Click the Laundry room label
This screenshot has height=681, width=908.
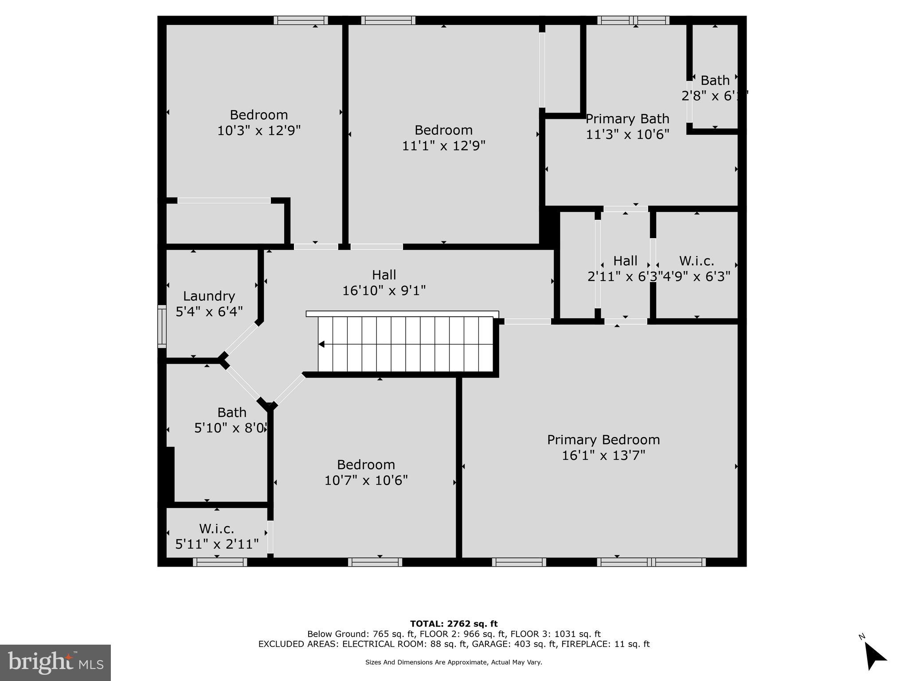pos(209,296)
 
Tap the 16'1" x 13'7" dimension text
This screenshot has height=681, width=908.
pos(603,455)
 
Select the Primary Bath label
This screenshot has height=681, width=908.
pos(627,119)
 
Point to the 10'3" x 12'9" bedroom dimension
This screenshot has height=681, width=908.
pos(259,130)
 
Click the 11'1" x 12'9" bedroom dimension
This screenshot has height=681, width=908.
pos(443,145)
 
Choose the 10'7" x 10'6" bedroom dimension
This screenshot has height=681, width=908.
pos(366,480)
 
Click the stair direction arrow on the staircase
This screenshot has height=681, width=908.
pos(321,344)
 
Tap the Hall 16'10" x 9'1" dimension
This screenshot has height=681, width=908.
pos(384,291)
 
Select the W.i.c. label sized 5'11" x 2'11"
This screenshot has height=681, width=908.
pos(216,529)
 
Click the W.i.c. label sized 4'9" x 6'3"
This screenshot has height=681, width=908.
pos(697,261)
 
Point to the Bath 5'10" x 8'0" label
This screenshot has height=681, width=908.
pos(231,413)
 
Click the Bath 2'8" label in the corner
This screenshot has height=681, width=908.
pos(715,81)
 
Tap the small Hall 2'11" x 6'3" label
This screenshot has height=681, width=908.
pos(625,261)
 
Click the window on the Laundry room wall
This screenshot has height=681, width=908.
pos(162,326)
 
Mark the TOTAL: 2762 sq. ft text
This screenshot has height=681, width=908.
pos(454,624)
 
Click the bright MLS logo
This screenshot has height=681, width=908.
pos(55,662)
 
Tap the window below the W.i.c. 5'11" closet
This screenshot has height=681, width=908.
pos(220,562)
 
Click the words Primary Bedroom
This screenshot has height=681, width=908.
pos(603,440)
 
